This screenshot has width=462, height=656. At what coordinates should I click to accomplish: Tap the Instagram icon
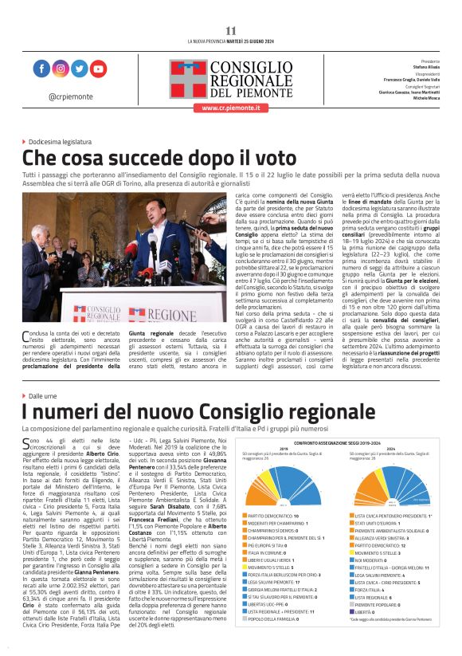click(61, 69)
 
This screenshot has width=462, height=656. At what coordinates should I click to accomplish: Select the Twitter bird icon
click(79, 69)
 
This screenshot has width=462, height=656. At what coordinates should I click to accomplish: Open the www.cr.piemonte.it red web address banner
click(231, 107)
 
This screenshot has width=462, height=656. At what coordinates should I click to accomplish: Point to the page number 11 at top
click(231, 30)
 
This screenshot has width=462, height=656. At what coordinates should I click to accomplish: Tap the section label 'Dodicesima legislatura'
click(69, 140)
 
